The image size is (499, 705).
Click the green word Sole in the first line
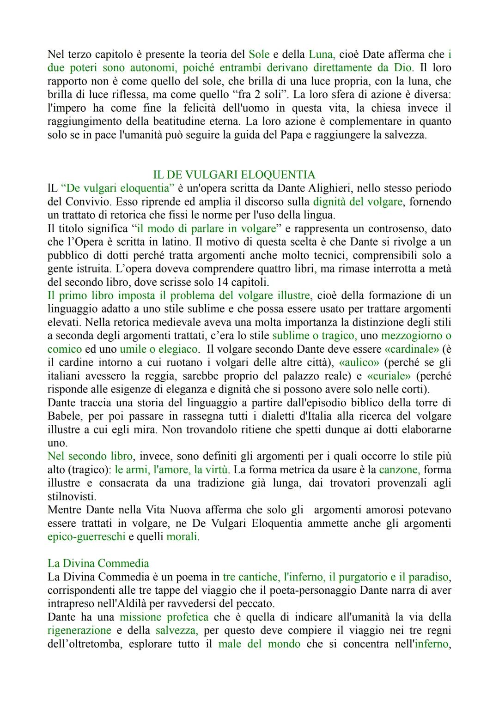pyautogui.click(x=259, y=54)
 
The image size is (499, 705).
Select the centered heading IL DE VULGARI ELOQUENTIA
pyautogui.click(x=234, y=175)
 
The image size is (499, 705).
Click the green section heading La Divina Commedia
pyautogui.click(x=98, y=563)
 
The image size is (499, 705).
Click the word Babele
pyautogui.click(x=65, y=416)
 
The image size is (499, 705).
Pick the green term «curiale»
pyautogui.click(x=388, y=376)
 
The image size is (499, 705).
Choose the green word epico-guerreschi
pyautogui.click(x=86, y=537)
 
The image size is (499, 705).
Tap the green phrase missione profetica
pyautogui.click(x=164, y=617)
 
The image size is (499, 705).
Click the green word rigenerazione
pyautogui.click(x=79, y=631)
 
